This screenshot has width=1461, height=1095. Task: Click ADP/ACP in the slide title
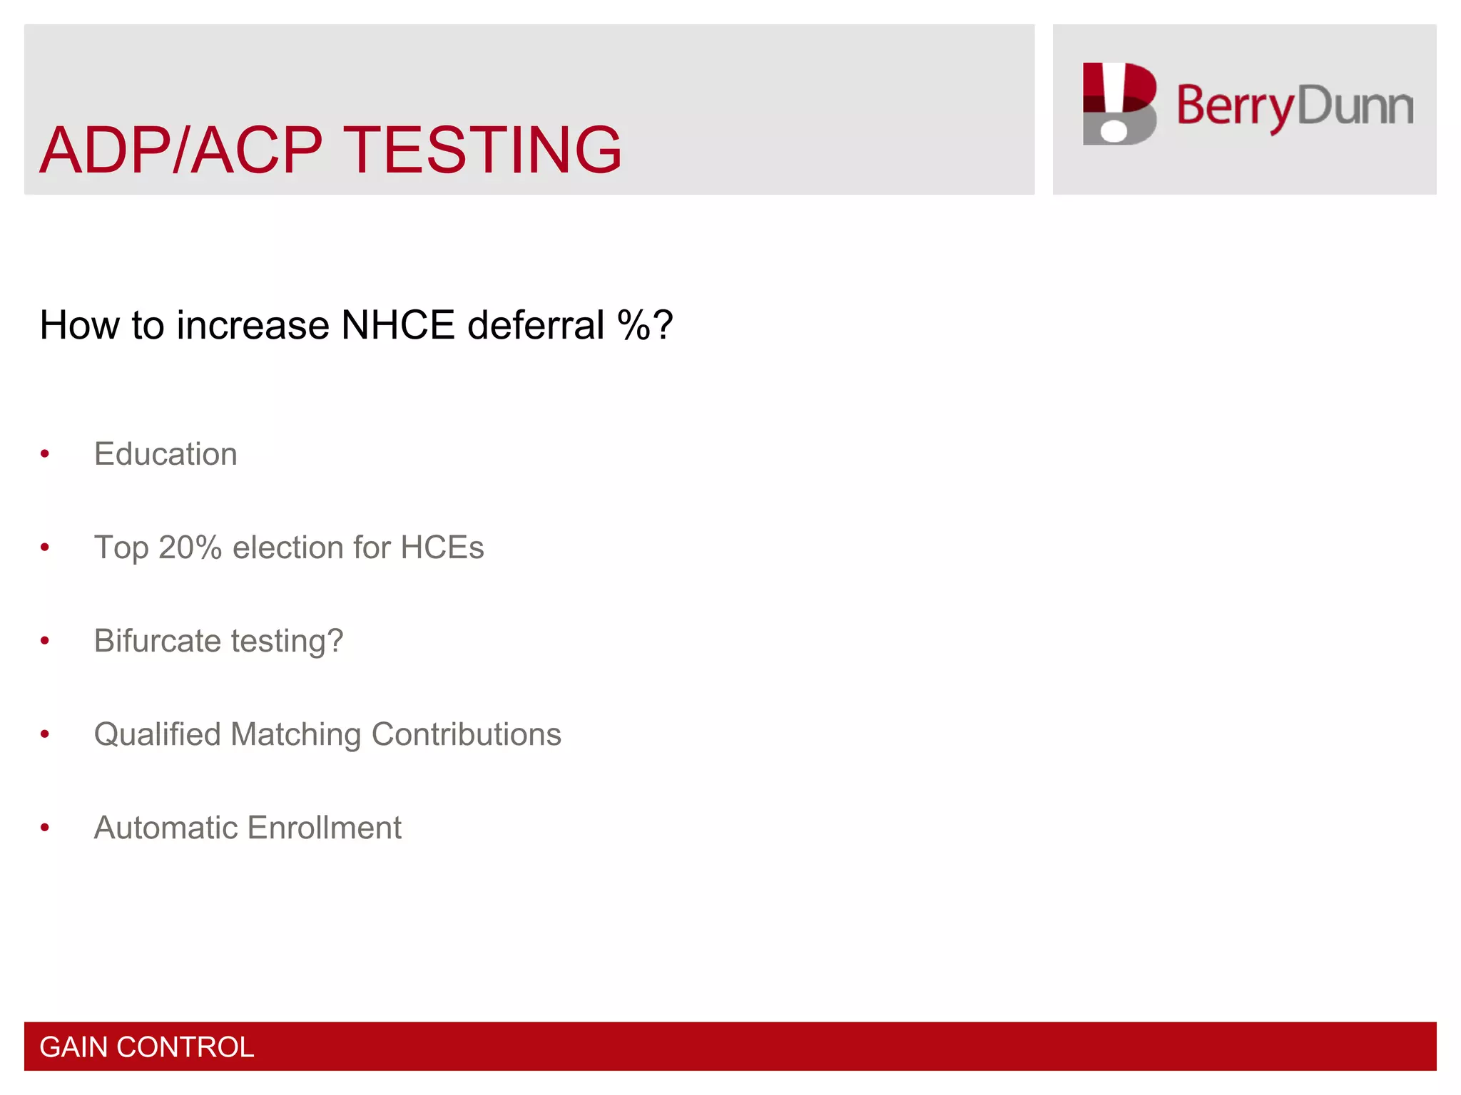tap(181, 150)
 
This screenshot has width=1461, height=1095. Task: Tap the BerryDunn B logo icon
tap(1119, 104)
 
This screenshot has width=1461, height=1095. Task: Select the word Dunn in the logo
tap(1355, 106)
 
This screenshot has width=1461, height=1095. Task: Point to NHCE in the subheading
tap(398, 325)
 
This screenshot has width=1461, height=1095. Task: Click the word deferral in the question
tap(536, 325)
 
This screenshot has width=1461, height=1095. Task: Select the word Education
tap(166, 454)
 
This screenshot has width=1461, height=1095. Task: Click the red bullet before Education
tap(45, 454)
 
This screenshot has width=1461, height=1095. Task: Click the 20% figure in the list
tap(190, 547)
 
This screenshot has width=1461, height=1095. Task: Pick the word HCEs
tap(442, 547)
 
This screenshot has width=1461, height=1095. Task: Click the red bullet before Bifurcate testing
tap(45, 641)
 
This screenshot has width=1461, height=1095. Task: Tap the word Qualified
tap(157, 734)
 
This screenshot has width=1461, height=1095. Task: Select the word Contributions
tap(466, 734)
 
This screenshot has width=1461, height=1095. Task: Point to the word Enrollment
tap(325, 828)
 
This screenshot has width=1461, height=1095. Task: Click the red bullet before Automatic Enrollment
tap(45, 828)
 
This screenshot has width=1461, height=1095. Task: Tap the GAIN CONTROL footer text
tap(146, 1047)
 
